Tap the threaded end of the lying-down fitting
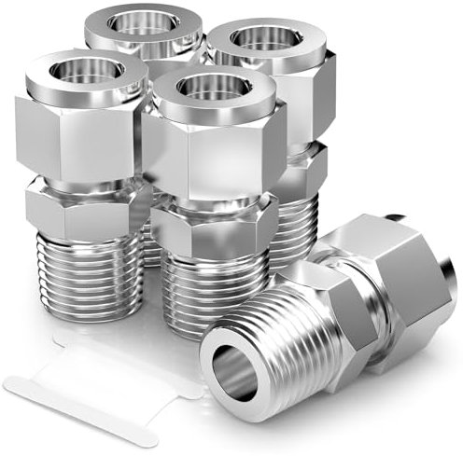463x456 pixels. (x=280, y=345)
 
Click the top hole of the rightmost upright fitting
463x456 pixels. (x=264, y=39)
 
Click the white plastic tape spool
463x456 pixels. (x=103, y=373)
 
